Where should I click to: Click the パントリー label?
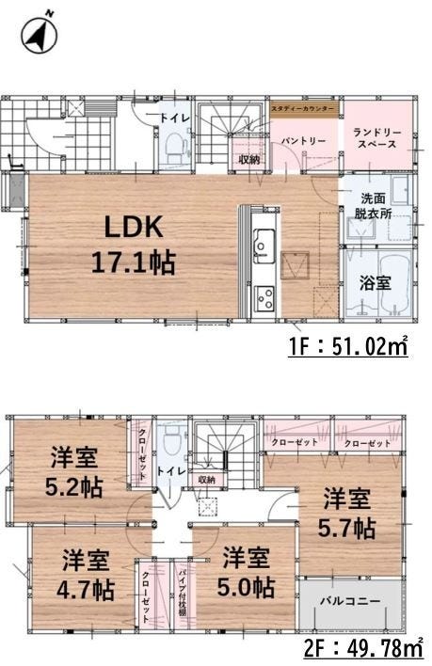(304, 141)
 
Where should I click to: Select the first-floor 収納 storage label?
(248, 158)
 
